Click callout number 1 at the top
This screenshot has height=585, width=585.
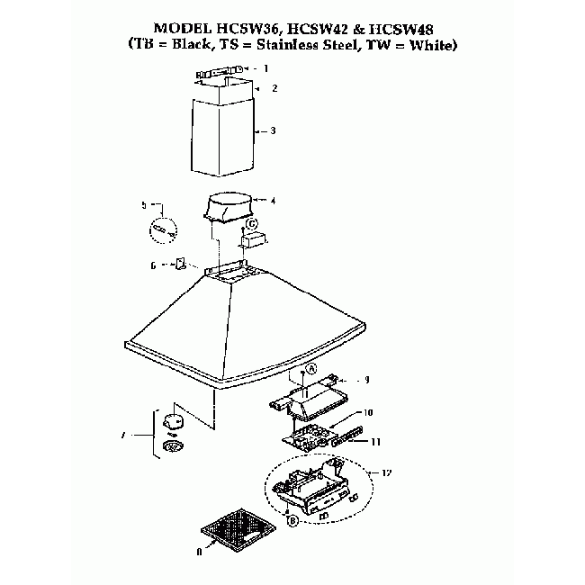point(265,68)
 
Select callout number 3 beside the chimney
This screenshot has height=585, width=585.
point(273,131)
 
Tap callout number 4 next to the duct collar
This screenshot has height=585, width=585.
point(273,201)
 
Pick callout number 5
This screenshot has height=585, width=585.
point(143,205)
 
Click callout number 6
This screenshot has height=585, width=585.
point(153,265)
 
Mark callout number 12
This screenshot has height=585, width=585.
point(387,473)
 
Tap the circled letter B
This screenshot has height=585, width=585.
point(292,520)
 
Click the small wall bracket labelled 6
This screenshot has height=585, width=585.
point(179,265)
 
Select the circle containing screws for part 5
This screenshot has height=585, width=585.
point(162,229)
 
